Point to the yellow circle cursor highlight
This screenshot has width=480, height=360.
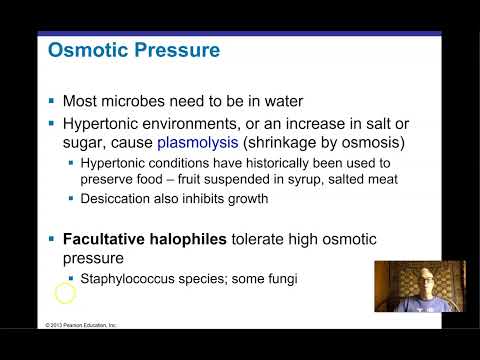[x=65, y=293]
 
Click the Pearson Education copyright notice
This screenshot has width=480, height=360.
[x=81, y=325]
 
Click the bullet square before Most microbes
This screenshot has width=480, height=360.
[x=52, y=102]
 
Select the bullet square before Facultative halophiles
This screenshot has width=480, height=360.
[x=52, y=241]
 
